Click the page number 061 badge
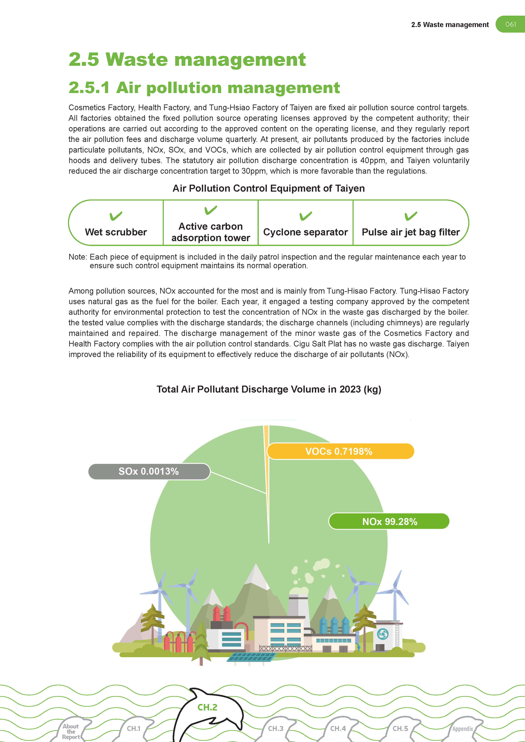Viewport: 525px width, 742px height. [x=510, y=24]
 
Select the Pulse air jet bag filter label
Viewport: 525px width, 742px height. [x=411, y=232]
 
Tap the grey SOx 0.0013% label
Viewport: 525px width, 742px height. [x=149, y=471]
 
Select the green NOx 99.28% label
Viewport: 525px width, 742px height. [x=389, y=521]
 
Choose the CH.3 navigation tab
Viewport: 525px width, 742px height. [x=276, y=728]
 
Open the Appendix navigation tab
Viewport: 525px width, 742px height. [x=463, y=729]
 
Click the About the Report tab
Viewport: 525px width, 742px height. [x=71, y=731]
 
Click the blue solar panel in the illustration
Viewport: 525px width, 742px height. [x=252, y=657]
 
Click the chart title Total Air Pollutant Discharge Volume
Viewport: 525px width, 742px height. [x=269, y=389]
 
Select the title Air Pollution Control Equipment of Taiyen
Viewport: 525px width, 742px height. [x=268, y=188]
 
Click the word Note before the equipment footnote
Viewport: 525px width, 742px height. [x=77, y=257]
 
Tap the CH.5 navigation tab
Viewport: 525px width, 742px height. [x=400, y=728]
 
